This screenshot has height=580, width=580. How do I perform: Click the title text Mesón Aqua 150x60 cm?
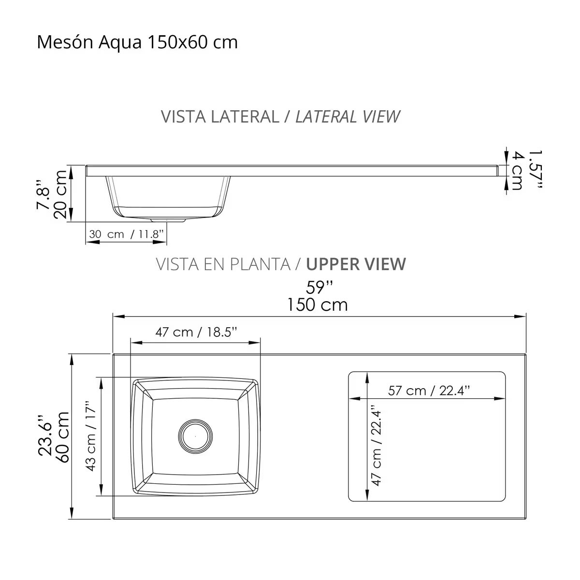[x=137, y=43]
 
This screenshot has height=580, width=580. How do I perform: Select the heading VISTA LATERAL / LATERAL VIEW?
[x=280, y=116]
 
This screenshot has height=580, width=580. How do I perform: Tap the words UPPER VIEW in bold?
[x=356, y=264]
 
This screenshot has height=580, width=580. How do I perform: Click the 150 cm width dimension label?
[x=318, y=305]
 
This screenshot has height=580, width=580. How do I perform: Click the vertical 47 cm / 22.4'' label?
[x=377, y=445]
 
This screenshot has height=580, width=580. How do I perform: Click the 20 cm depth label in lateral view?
[x=61, y=194]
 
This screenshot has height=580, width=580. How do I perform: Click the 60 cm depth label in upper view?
[x=62, y=437]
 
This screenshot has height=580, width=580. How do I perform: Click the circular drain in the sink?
[x=195, y=435]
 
